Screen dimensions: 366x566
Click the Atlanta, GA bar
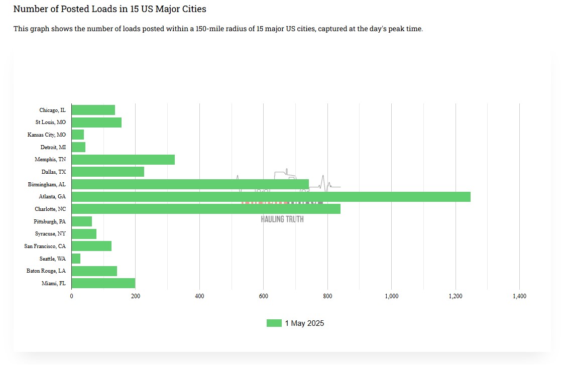(271, 197)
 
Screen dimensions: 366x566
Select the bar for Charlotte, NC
(206, 209)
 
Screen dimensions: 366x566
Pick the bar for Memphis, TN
(123, 160)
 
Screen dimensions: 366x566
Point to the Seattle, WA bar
(76, 259)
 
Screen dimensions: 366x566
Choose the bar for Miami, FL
(103, 283)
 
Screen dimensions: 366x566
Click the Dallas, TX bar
(107, 172)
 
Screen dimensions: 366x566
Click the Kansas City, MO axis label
(47, 135)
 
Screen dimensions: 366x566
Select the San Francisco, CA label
(45, 246)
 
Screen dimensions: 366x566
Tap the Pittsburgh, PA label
(50, 221)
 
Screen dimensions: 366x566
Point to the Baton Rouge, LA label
(46, 271)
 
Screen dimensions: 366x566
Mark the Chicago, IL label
(52, 110)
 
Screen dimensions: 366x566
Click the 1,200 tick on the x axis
(456, 297)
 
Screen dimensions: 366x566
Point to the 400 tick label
(199, 297)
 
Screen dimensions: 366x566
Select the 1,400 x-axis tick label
(519, 297)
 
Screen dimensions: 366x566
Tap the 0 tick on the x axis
(71, 297)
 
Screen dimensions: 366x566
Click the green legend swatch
(274, 323)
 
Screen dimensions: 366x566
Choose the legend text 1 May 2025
(304, 323)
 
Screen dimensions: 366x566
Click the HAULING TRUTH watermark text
(282, 219)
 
